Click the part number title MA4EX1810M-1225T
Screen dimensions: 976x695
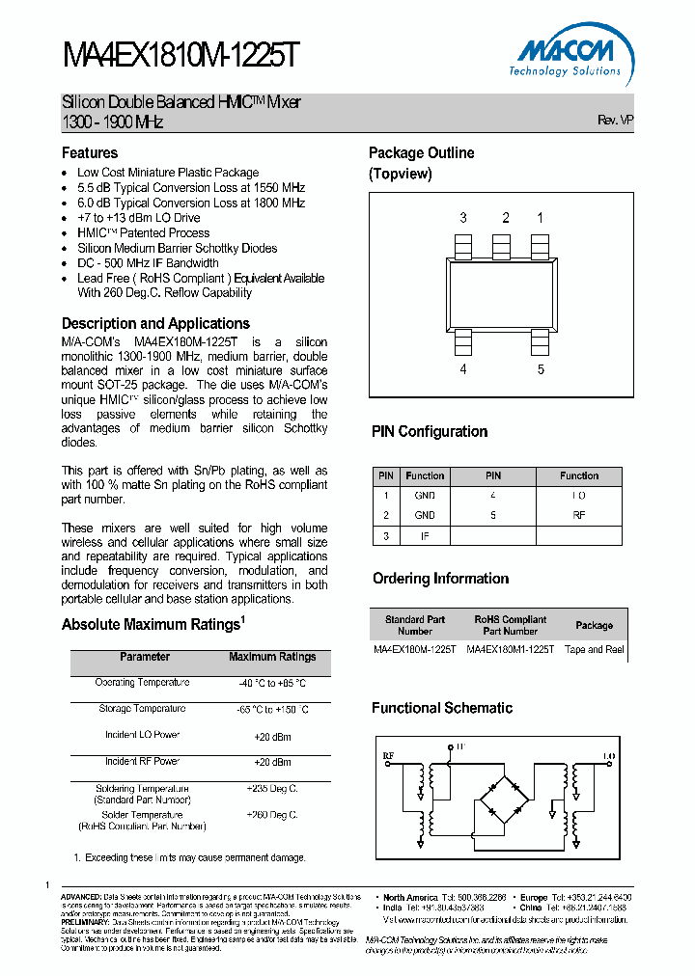coord(181,56)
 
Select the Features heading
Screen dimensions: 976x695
coord(90,153)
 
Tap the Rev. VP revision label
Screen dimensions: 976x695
coord(615,121)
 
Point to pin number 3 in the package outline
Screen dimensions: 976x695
coord(463,218)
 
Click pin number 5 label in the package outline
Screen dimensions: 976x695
coord(541,369)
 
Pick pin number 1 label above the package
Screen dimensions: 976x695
coord(540,218)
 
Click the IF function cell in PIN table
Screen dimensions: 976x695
coord(425,535)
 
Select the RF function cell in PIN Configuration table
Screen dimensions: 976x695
coord(579,515)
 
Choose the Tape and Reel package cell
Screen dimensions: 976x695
coord(595,650)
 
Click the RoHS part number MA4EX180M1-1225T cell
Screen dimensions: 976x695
coord(511,650)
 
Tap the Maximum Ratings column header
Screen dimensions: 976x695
coord(272,657)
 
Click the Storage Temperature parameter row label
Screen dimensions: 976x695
coord(142,709)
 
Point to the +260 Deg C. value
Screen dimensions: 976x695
coord(271,815)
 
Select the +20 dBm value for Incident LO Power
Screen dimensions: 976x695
coord(271,736)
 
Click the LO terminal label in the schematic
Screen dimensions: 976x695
coord(609,755)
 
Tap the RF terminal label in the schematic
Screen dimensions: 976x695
coord(388,755)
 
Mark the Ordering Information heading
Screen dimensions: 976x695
coord(440,579)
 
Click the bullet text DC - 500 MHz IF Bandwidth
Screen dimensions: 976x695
coord(148,263)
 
